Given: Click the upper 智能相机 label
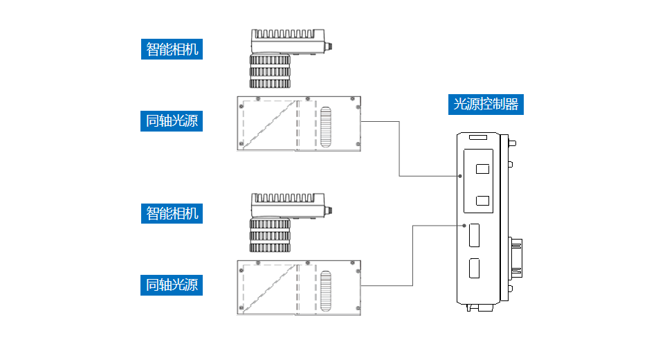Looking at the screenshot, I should pyautogui.click(x=172, y=49).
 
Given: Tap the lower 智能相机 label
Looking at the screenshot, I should pyautogui.click(x=172, y=213).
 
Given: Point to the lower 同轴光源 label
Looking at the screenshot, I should pyautogui.click(x=172, y=284).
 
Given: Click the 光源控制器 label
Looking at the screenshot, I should pyautogui.click(x=486, y=105).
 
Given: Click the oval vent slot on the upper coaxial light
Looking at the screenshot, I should pyautogui.click(x=327, y=126).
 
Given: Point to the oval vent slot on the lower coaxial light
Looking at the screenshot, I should pyautogui.click(x=327, y=290).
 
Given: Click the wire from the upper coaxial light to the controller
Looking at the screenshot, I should pyautogui.click(x=400, y=149).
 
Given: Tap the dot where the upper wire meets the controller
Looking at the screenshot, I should pyautogui.click(x=460, y=176).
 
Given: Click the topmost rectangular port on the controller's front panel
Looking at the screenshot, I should pyautogui.click(x=483, y=168).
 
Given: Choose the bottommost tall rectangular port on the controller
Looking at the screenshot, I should pyautogui.click(x=475, y=268).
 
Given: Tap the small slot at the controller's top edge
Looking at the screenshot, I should pyautogui.click(x=477, y=138).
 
